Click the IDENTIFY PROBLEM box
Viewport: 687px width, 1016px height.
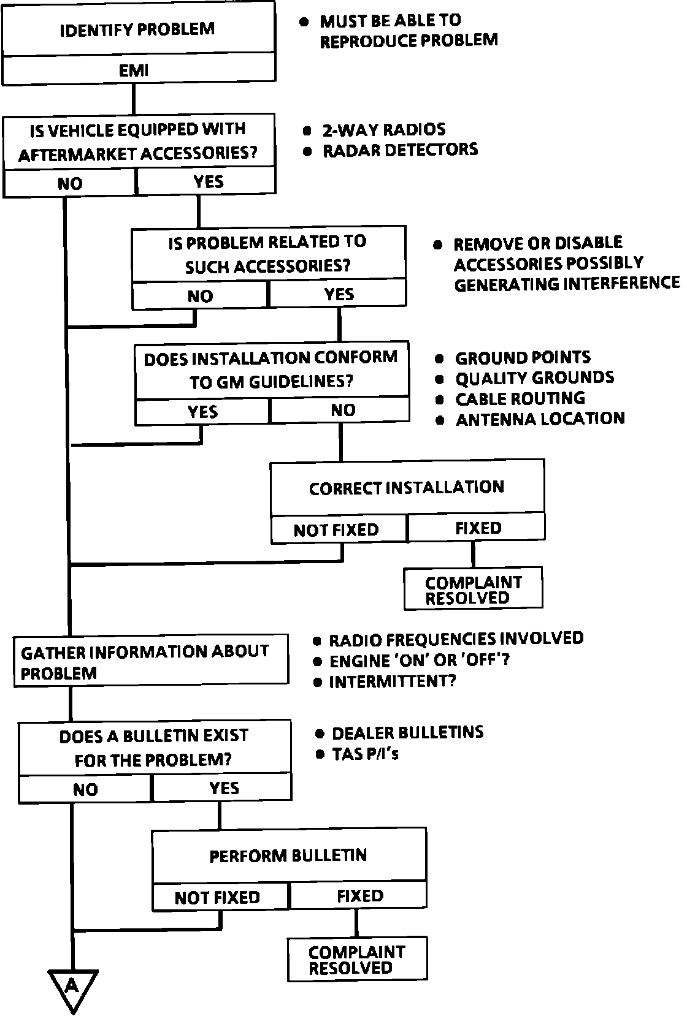pos(137,29)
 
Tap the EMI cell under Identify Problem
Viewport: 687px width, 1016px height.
pos(134,70)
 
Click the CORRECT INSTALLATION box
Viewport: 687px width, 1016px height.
pos(407,488)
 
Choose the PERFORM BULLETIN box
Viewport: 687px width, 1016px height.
pos(288,855)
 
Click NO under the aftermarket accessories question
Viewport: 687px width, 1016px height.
pos(70,183)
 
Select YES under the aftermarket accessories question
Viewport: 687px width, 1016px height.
pos(208,181)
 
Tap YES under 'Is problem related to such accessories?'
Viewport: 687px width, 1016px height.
pos(339,294)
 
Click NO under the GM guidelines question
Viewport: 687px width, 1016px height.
pos(342,410)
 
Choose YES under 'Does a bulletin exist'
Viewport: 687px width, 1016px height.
pos(223,788)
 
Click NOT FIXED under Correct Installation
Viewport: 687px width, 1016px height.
pos(336,529)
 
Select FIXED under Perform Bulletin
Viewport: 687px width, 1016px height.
pos(360,897)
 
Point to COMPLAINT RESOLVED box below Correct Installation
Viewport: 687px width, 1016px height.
pos(473,590)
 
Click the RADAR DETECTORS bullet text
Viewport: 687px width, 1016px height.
pos(400,150)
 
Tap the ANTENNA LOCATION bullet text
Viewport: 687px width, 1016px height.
pos(540,419)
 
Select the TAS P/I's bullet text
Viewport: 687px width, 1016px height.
pos(366,754)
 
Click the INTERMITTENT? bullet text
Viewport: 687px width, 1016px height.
pos(393,681)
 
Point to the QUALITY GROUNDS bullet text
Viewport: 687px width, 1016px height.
pos(534,378)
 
